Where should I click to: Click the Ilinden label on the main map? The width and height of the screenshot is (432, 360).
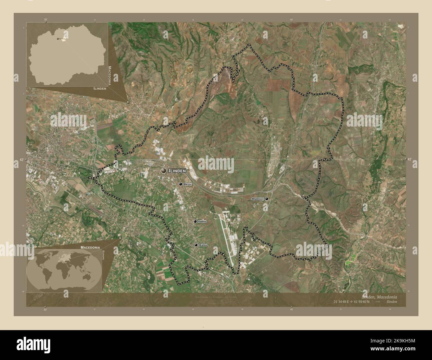point(177,171)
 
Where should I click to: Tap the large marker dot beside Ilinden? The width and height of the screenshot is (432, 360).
point(163,171)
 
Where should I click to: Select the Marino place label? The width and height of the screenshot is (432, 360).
point(188,184)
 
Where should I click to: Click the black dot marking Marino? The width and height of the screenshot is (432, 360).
point(181,184)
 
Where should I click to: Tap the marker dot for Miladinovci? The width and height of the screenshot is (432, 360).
point(267,199)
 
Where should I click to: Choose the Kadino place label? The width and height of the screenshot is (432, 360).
point(202,221)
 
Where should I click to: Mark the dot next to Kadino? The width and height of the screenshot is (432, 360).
point(195,221)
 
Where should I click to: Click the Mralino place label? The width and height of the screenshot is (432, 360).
point(203,245)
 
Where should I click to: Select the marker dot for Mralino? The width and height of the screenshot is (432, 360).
point(196,245)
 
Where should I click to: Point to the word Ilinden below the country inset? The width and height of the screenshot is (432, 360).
point(99,89)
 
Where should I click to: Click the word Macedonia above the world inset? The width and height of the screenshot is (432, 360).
point(90,248)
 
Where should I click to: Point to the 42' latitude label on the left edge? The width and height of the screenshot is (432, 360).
point(22,160)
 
